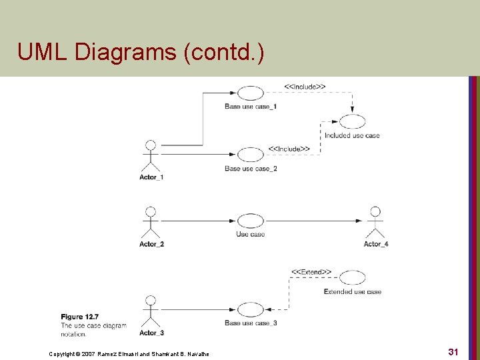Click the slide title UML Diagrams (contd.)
coord(141,52)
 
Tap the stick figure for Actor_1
coord(151,156)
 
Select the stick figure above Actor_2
coord(151,223)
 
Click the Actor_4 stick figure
coord(375,223)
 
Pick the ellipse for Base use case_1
coord(251,93)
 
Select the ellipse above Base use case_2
coord(251,155)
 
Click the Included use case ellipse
coord(353,122)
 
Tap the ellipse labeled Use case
coord(251,221)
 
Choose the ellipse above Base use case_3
coord(251,309)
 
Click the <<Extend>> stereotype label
coord(311,272)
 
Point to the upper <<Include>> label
coord(305,87)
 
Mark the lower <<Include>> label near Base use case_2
coord(289,148)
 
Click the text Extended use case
coord(352,292)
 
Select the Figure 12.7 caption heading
coord(81,317)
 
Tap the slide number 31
coord(453,351)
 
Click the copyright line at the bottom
coord(129,353)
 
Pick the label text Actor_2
coord(151,244)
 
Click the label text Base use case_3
coord(251,323)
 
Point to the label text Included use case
coord(352,136)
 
